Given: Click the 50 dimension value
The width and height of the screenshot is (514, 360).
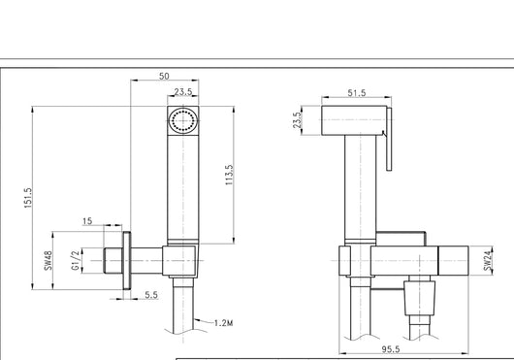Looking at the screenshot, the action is tap(164, 76).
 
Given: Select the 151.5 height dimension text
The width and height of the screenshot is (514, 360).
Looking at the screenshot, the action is tap(28, 198).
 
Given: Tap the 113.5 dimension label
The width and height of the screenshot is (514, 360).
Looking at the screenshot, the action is tap(230, 175).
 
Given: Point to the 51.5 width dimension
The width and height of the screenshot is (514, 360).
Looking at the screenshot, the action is tap(357, 93).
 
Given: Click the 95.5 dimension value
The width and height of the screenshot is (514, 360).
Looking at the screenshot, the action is tap(391, 349).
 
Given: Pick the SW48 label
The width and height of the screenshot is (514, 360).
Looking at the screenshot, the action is tap(48, 261).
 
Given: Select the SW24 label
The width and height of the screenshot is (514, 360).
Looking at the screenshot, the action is tap(488, 261).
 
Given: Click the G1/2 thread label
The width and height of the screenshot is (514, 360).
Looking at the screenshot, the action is tap(76, 261).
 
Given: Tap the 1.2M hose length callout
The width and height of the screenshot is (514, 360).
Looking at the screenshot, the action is tap(224, 323).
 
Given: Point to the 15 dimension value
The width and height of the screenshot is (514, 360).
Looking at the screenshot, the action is tap(87, 221).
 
